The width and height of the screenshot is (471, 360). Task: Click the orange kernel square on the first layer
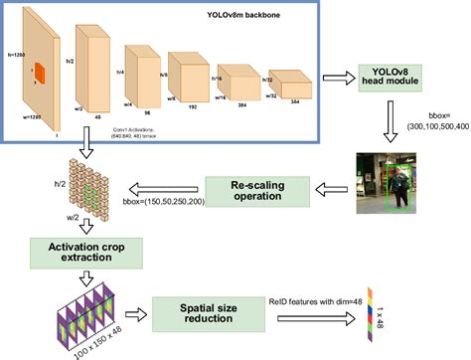tap(40, 72)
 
